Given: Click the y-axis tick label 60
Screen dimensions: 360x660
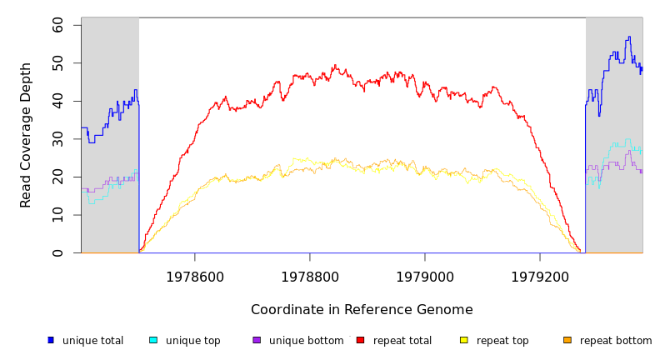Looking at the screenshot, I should (x=57, y=25).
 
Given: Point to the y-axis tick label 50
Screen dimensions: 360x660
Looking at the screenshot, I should (x=57, y=63).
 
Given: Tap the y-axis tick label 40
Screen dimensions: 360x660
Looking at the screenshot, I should (x=57, y=101).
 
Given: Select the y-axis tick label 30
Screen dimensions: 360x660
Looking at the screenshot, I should (x=57, y=139).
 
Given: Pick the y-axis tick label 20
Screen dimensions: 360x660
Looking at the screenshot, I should (x=57, y=177).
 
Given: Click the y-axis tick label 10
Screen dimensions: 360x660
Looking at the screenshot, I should (x=57, y=215).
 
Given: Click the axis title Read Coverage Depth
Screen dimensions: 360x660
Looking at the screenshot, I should (x=27, y=135).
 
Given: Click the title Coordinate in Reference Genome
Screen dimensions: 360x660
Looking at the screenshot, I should (x=362, y=310).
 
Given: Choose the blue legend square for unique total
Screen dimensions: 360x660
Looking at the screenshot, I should (x=51, y=340).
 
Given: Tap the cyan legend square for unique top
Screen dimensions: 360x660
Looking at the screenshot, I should (x=153, y=340).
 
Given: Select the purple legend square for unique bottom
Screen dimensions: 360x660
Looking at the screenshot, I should (x=257, y=340).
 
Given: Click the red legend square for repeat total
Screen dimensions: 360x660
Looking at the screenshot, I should (x=360, y=340).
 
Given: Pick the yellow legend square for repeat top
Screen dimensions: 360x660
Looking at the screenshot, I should (x=464, y=340).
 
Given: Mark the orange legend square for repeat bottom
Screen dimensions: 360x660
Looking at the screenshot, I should (x=567, y=340).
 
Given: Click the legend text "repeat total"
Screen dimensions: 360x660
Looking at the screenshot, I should (x=402, y=341).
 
